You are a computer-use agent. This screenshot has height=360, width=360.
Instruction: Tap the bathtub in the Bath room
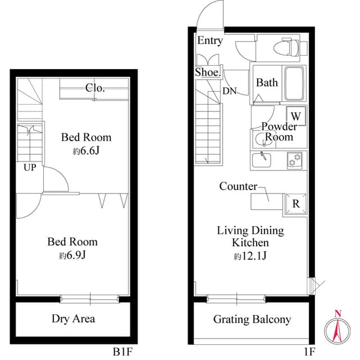(294, 83)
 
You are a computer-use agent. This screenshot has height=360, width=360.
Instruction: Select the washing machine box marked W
(296, 115)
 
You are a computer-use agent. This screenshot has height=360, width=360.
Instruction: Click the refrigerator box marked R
(296, 203)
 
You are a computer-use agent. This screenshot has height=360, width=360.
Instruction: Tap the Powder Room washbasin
(259, 139)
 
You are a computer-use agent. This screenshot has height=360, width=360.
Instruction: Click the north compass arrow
(337, 329)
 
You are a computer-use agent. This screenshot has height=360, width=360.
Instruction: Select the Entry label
(210, 40)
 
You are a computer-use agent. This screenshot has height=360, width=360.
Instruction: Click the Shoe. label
(208, 72)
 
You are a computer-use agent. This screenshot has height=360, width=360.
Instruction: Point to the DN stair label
(229, 91)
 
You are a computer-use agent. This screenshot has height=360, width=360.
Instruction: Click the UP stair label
(30, 167)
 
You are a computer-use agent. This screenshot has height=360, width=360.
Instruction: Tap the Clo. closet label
(95, 87)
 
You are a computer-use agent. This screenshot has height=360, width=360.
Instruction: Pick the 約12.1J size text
(250, 256)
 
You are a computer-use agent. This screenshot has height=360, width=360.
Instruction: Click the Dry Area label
(73, 319)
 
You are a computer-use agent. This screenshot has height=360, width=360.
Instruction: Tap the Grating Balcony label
(252, 319)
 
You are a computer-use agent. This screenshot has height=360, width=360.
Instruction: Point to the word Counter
(238, 186)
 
